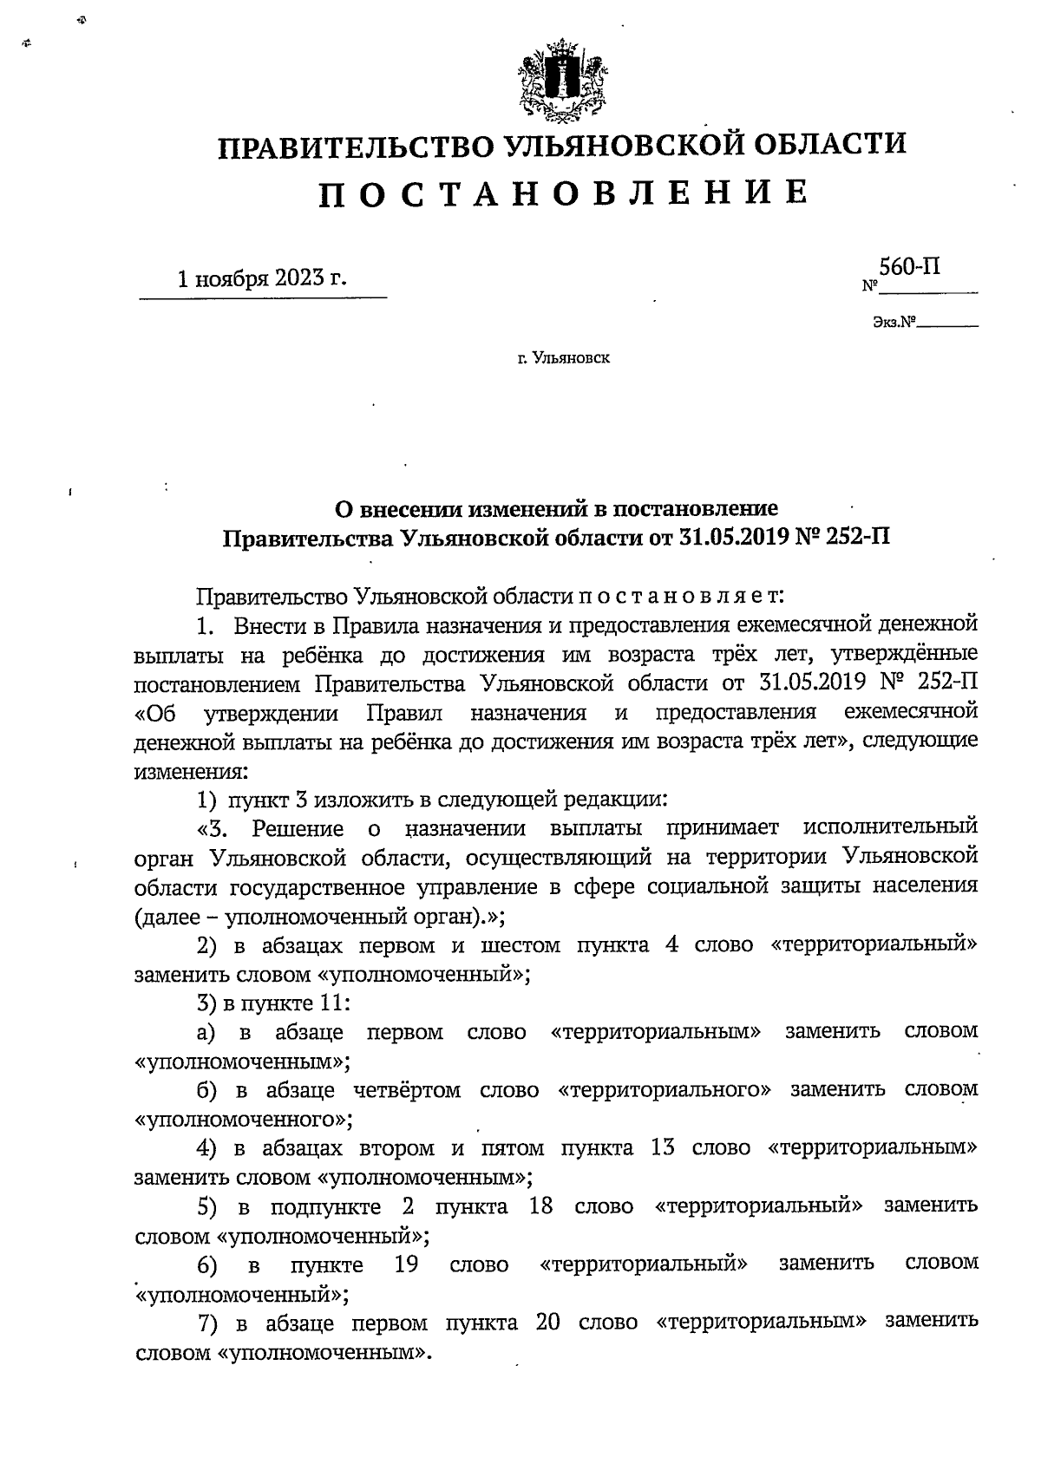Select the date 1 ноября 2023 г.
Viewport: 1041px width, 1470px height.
pyautogui.click(x=260, y=278)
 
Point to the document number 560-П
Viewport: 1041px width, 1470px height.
pyautogui.click(x=909, y=267)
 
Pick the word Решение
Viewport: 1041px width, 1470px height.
pyautogui.click(x=298, y=828)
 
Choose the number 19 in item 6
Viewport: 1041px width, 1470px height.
pyautogui.click(x=407, y=1264)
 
